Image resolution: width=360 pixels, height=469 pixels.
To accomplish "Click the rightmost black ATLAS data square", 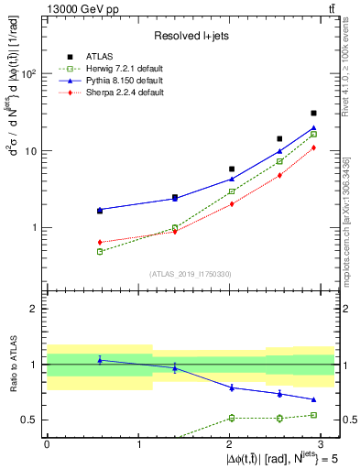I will [x=314, y=113].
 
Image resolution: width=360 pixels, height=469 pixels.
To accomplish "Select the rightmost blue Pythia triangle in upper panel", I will [x=314, y=128].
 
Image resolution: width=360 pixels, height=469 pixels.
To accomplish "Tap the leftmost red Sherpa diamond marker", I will [x=74, y=242].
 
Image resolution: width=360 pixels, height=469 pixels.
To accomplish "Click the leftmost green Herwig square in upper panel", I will [x=74, y=251].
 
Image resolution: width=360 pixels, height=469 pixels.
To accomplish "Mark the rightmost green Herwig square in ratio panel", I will [x=314, y=415].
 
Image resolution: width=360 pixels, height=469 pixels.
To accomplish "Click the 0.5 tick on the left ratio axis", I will [x=31, y=420].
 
